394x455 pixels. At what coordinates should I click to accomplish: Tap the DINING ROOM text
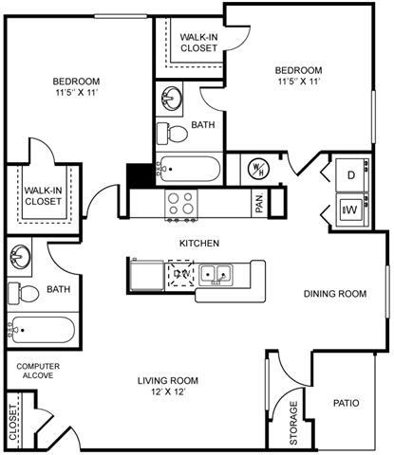[334, 294]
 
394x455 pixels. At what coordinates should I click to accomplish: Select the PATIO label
[346, 403]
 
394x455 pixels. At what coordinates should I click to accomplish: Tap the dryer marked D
[349, 174]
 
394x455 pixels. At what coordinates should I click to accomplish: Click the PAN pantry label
[258, 202]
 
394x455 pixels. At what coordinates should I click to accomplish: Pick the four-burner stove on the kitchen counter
[179, 202]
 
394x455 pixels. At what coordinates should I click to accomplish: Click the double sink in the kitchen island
[218, 275]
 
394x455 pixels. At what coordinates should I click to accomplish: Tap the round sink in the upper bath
[170, 98]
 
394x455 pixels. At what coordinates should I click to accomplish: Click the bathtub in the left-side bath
[41, 333]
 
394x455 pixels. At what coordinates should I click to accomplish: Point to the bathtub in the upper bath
[190, 170]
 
